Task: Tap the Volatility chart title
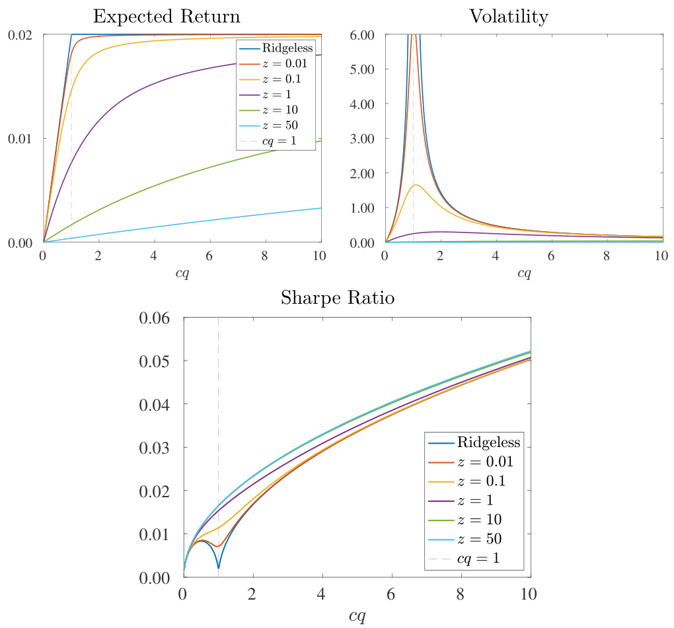click(x=508, y=17)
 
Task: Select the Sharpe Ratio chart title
click(x=338, y=298)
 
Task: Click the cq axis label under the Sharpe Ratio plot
click(x=357, y=615)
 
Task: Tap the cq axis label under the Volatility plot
click(x=524, y=273)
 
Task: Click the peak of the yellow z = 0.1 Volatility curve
click(x=416, y=185)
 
